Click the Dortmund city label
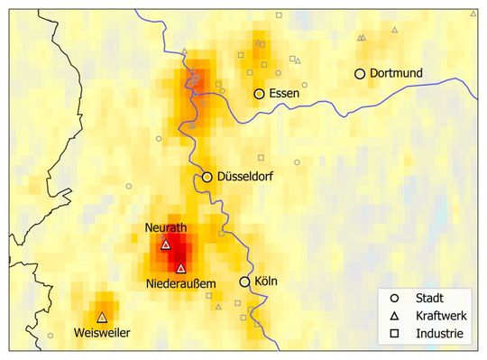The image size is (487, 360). (x=398, y=73)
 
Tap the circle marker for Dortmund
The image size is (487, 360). (x=360, y=74)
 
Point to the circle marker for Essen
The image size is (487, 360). (x=259, y=93)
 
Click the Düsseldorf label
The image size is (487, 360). (x=245, y=178)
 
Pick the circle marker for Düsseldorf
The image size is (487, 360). (x=207, y=178)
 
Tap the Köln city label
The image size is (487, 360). (x=266, y=282)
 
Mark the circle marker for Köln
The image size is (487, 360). (x=244, y=282)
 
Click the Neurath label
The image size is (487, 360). (x=165, y=229)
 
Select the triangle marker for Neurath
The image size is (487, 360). (x=165, y=245)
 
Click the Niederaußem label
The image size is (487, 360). (x=181, y=285)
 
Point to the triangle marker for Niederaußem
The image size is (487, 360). (x=181, y=268)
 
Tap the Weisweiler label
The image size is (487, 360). (x=102, y=333)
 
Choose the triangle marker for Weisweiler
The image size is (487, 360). (x=102, y=318)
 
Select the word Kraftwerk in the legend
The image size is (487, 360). (x=441, y=316)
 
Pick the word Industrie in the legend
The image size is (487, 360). (x=439, y=334)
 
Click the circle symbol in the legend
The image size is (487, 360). (x=394, y=298)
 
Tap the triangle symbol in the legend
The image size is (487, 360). (x=394, y=316)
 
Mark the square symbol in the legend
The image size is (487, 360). (x=394, y=334)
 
